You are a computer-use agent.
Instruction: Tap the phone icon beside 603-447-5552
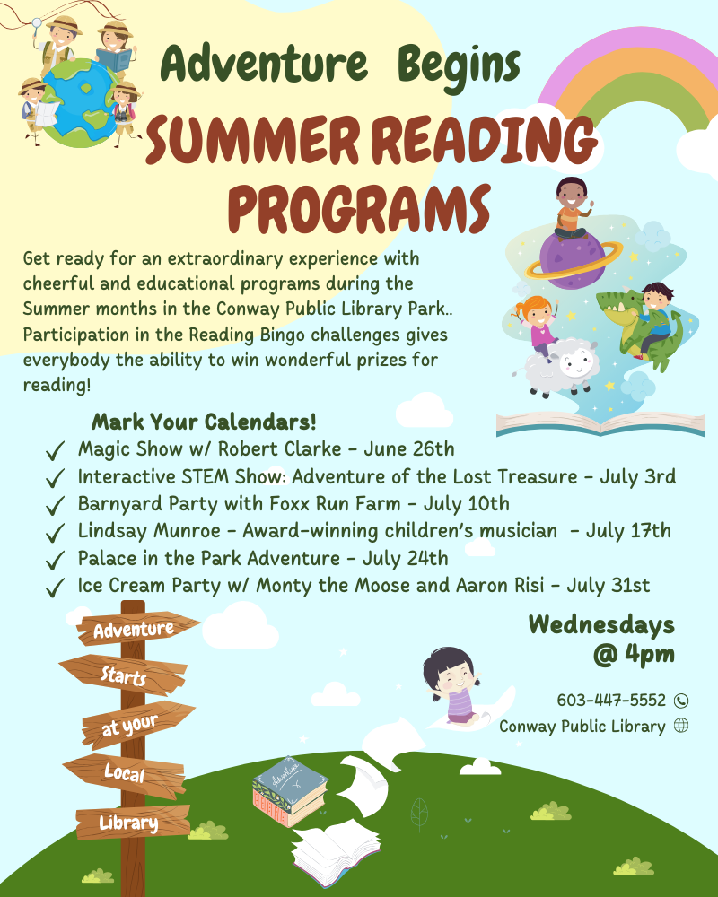coord(681,701)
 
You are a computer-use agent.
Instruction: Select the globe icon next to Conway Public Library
coord(681,726)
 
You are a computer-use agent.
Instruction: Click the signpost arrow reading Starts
coord(123,675)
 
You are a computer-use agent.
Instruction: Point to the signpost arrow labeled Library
coord(133,823)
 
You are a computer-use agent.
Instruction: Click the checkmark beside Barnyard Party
coord(55,505)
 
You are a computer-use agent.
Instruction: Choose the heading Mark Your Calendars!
coord(204,422)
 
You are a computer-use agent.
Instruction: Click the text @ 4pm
coord(634,654)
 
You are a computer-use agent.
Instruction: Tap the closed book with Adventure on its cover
coord(290,792)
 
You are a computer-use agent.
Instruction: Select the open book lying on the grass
coord(335,852)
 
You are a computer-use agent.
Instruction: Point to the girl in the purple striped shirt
coord(452,685)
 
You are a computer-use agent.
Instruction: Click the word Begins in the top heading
coord(459,65)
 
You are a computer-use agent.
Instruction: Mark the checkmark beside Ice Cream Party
coord(55,588)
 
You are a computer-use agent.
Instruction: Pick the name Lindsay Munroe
coord(149,531)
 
